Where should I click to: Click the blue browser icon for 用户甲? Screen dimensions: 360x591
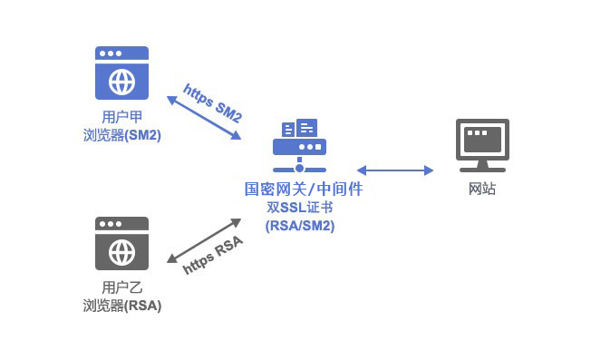point(121,73)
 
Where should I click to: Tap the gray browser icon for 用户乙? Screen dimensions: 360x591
point(121,242)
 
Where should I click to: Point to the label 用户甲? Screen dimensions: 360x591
point(121,117)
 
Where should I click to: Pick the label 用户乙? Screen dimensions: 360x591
point(121,288)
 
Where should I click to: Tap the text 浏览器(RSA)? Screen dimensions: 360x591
point(121,306)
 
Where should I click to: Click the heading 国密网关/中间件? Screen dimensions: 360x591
point(299,190)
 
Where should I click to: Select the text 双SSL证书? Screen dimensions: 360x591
point(299,208)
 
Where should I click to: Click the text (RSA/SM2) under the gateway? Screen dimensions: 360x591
point(299,226)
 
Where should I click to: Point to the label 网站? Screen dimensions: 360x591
point(482,189)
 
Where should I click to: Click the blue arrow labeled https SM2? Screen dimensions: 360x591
point(204,117)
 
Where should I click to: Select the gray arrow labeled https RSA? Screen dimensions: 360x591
point(204,241)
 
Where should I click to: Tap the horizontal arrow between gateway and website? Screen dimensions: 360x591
point(395,170)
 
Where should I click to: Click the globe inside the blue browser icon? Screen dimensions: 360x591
point(121,82)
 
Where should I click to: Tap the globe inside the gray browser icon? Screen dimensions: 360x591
point(121,251)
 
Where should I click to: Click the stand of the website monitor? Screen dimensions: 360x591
point(482,165)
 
